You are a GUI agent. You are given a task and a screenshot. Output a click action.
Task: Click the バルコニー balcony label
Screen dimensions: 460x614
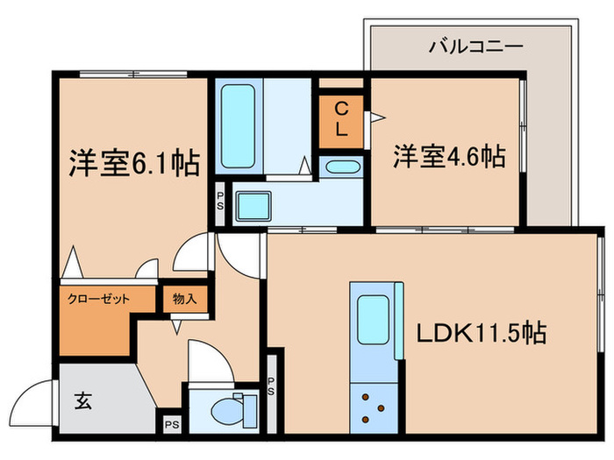pyautogui.click(x=475, y=46)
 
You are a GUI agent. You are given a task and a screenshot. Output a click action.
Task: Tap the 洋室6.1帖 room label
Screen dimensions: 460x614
pyautogui.click(x=133, y=163)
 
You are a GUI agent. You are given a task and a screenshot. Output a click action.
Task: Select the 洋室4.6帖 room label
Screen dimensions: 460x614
pyautogui.click(x=448, y=158)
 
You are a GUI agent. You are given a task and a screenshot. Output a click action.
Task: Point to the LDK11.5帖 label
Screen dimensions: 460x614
pyautogui.click(x=482, y=333)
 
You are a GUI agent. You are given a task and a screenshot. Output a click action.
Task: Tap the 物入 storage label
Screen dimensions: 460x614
pyautogui.click(x=185, y=299)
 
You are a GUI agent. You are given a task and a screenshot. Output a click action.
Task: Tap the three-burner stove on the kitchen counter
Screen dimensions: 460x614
pyautogui.click(x=374, y=407)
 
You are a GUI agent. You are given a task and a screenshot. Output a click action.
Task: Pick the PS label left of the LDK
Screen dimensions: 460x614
pyautogui.click(x=271, y=386)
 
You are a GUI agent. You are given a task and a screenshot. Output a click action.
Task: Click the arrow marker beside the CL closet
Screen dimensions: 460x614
pyautogui.click(x=377, y=115)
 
